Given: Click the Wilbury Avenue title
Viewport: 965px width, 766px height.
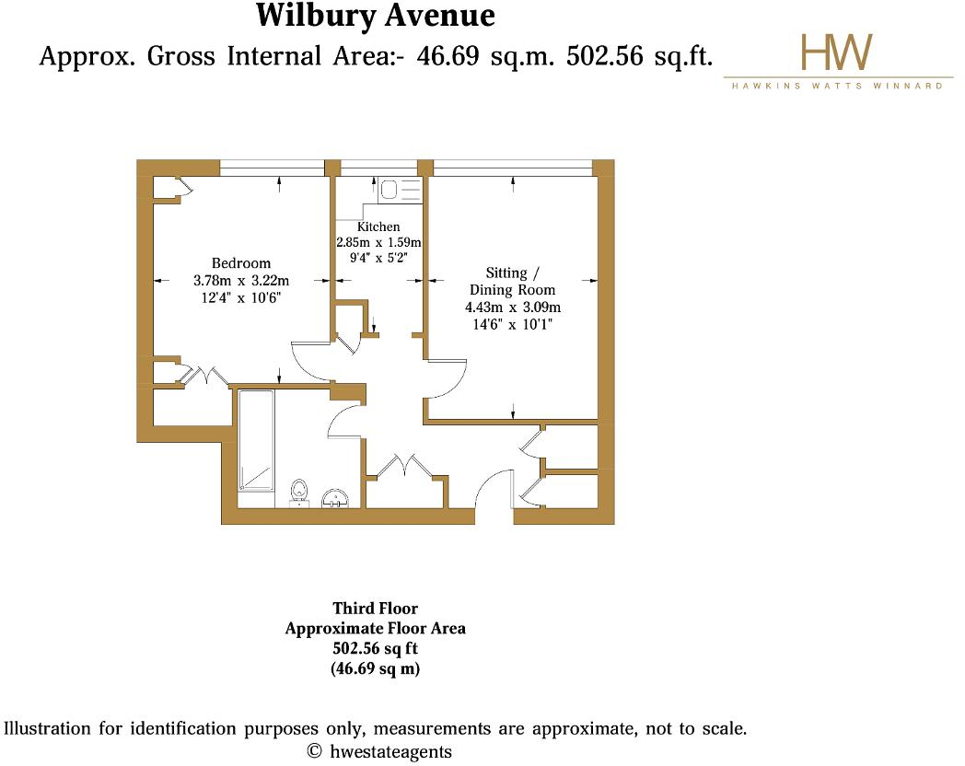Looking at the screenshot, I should click(x=375, y=16).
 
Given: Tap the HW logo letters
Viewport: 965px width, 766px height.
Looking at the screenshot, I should click(x=836, y=53).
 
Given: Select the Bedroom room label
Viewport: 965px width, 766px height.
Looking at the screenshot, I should click(x=241, y=263).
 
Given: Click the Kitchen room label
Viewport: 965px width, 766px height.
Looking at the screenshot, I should click(x=378, y=226).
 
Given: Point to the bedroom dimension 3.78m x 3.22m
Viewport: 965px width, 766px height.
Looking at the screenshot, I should click(x=241, y=281).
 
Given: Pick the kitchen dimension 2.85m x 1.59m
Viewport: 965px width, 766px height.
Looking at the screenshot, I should click(x=378, y=242).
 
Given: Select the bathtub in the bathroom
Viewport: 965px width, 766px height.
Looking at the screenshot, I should click(x=255, y=441).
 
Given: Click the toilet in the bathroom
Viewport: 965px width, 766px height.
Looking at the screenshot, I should click(x=299, y=492).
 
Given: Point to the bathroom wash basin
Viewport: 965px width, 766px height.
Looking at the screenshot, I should click(x=338, y=497).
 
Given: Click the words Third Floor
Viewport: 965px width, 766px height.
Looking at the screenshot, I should click(x=375, y=609).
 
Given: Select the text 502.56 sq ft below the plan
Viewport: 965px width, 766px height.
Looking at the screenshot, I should click(x=375, y=649).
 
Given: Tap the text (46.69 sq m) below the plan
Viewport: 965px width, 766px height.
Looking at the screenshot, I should click(x=375, y=669).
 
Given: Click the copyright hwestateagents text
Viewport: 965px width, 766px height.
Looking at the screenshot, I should click(x=379, y=751).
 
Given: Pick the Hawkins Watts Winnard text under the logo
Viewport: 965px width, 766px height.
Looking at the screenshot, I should click(x=836, y=86).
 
